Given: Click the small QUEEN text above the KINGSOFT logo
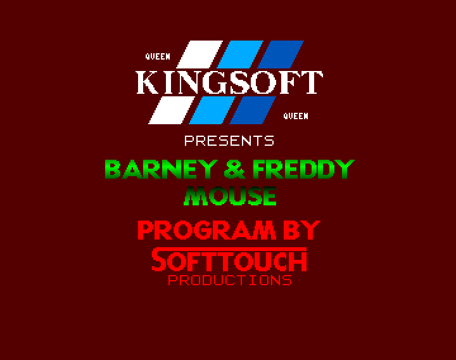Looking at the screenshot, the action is click(158, 56).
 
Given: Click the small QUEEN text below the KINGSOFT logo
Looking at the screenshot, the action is click(296, 116).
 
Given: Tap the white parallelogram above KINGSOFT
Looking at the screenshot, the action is click(199, 55).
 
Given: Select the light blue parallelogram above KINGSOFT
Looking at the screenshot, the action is click(240, 55).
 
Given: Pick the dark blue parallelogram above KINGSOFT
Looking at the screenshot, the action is click(281, 55).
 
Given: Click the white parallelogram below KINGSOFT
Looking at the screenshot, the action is click(172, 110).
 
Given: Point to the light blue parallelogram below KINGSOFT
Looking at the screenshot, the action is click(212, 110).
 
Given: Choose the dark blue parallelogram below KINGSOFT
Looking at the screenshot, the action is click(253, 110).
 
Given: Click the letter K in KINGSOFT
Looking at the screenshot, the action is click(148, 82).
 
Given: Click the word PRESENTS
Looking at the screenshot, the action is click(229, 141).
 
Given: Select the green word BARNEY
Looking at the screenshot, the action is click(161, 169).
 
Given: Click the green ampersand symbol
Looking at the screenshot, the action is click(235, 169).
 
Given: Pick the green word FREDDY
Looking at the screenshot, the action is click(303, 169).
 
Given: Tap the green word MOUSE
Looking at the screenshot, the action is click(230, 196).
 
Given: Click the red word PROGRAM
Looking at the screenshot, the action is click(206, 230).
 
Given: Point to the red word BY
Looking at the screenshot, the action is click(302, 230).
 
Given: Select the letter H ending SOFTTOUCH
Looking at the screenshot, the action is click(299, 261).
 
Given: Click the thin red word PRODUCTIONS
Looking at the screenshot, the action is click(230, 280).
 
